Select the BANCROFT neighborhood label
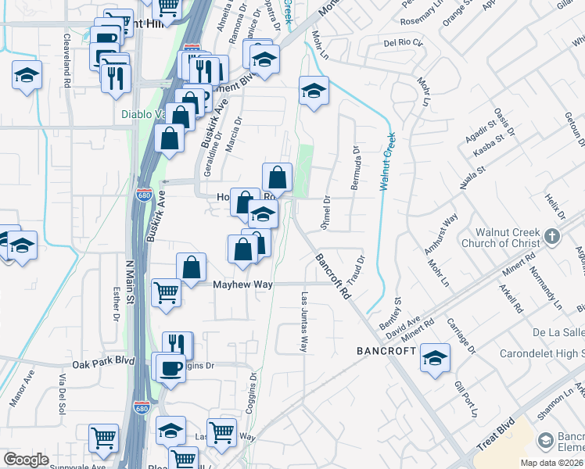[386, 351]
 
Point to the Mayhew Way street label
[242, 285]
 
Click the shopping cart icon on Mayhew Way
[166, 293]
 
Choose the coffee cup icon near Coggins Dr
[170, 367]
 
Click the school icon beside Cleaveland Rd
[27, 76]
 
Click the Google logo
[26, 460]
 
